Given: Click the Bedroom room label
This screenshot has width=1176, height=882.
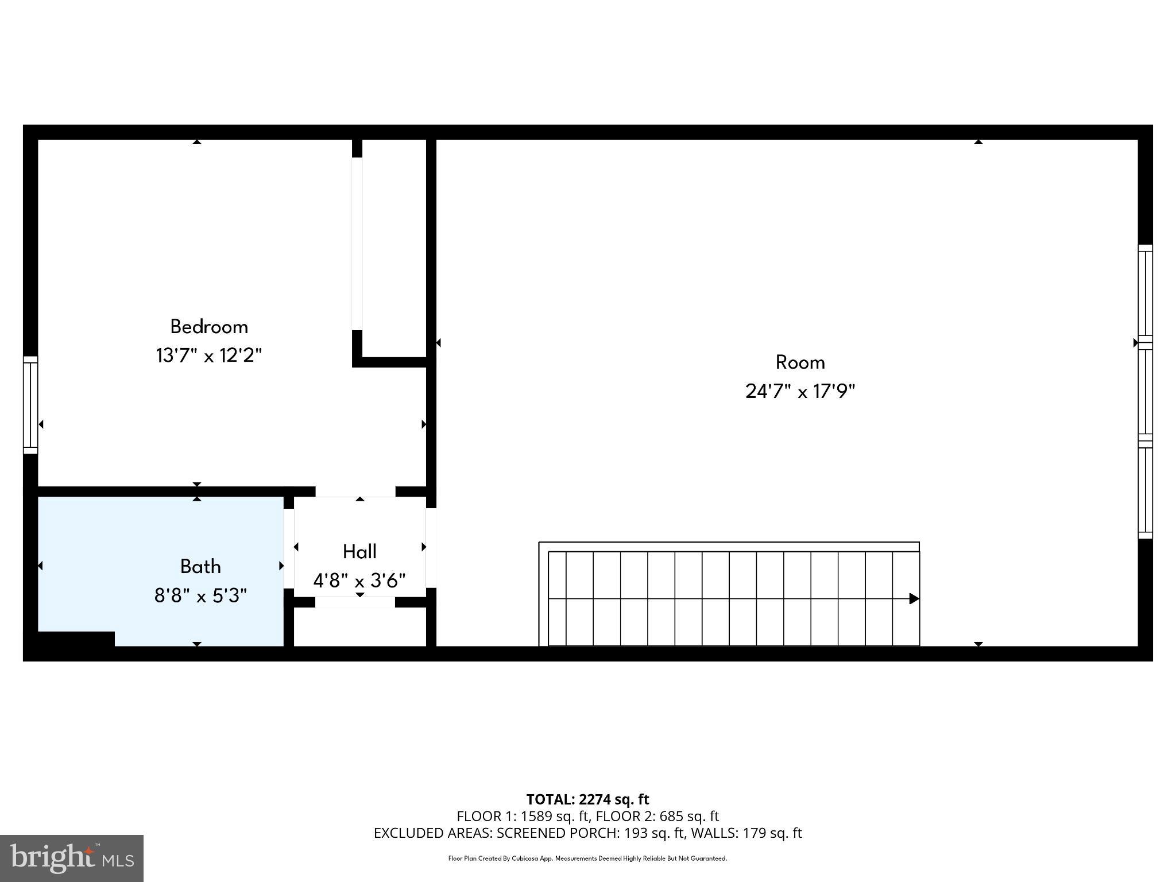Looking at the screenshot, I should [209, 327].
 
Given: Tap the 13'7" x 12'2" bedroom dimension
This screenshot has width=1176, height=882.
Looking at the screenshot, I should [208, 355].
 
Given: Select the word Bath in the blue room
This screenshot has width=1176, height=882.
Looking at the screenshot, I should [200, 567].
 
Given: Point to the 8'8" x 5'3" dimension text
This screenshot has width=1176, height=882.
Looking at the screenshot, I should [200, 595].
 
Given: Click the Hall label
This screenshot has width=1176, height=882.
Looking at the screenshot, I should [359, 552].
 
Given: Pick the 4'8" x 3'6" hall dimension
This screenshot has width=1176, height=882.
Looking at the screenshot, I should [359, 581].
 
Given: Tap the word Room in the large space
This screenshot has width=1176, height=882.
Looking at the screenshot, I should [800, 362].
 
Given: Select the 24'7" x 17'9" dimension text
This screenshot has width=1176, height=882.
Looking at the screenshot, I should [800, 392].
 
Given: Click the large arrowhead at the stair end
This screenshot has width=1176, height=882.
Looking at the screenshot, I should [914, 599].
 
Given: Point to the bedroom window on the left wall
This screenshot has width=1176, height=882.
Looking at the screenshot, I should [30, 405].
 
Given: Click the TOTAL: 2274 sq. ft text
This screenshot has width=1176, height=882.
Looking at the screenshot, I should [587, 799].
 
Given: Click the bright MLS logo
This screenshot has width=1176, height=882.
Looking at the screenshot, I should [72, 858].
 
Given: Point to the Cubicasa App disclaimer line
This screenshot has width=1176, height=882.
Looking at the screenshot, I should [587, 858].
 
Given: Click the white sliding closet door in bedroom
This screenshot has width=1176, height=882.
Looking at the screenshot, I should [357, 244].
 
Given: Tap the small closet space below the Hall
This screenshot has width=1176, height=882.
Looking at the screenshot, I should [360, 627].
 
